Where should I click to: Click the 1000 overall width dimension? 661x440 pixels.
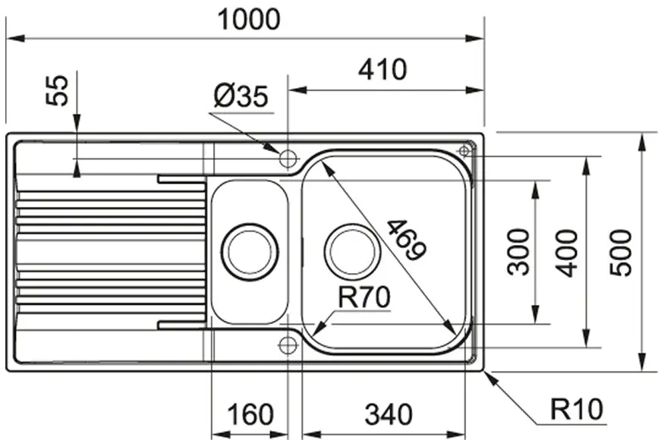point(249,20)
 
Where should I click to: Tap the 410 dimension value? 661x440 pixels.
point(382,70)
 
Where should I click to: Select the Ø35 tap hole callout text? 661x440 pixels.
point(241,96)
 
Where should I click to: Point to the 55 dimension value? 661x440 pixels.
point(57,90)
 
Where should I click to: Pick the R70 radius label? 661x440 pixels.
point(364,297)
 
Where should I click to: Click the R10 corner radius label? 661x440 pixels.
point(577,409)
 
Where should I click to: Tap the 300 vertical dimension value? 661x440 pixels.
point(518,252)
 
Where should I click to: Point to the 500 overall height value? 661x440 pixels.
point(621,253)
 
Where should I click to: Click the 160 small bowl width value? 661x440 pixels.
point(250,414)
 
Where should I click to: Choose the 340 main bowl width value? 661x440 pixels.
point(389,414)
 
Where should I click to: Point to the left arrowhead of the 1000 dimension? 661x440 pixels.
point(15,39)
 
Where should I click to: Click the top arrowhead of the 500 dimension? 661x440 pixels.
point(641,142)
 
